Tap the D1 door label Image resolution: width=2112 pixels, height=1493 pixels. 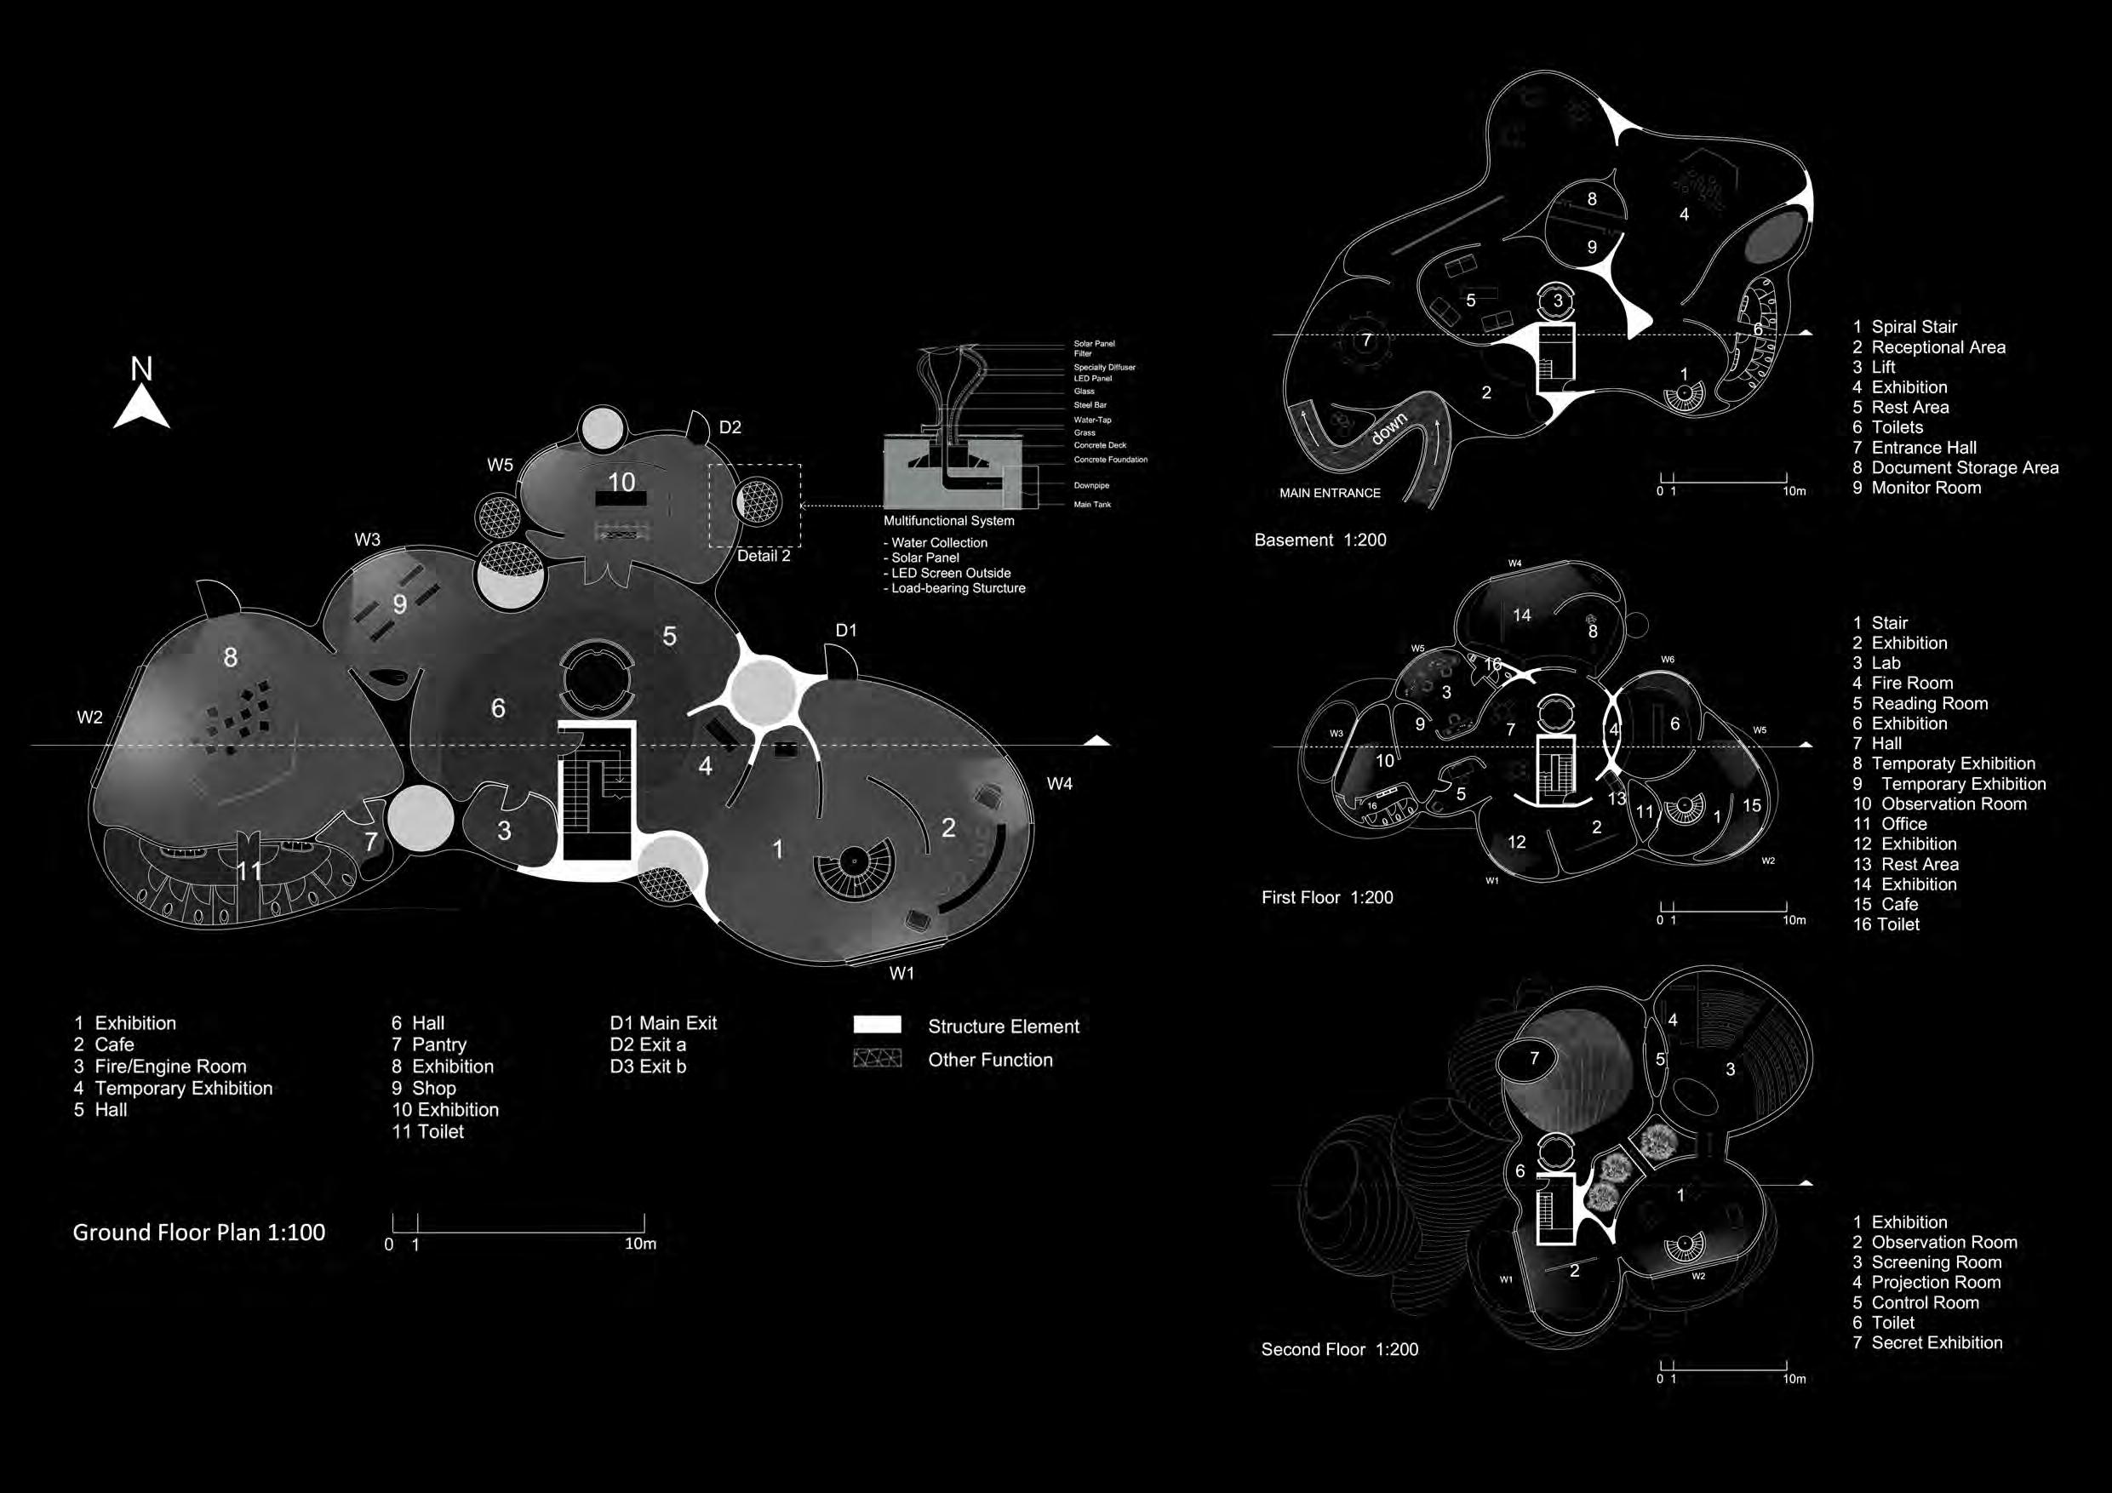coord(845,630)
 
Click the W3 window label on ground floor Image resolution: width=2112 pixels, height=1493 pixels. coord(367,540)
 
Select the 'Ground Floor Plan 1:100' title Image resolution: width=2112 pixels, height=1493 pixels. coord(198,1233)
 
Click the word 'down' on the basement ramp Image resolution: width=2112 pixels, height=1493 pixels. coord(1388,429)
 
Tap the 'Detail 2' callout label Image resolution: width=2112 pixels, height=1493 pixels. coord(764,556)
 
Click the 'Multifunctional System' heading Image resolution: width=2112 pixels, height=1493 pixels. coord(948,521)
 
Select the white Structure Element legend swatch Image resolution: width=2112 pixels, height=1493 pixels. coord(877,1025)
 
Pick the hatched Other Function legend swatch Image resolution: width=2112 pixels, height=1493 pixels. coord(877,1059)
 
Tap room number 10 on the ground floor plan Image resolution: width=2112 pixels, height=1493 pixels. coord(621,482)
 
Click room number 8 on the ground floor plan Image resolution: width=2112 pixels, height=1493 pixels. coord(230,657)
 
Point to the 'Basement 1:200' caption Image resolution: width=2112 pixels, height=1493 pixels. coord(1320,540)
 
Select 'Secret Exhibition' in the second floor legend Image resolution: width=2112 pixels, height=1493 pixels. coord(1937,1343)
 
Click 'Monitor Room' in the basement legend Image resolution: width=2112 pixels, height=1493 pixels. coord(1926,488)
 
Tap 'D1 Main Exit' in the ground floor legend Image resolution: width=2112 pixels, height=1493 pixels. coord(662,1023)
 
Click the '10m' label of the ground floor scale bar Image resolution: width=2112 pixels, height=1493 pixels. coord(640,1244)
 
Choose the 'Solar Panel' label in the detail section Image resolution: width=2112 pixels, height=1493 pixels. coord(1094,344)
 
